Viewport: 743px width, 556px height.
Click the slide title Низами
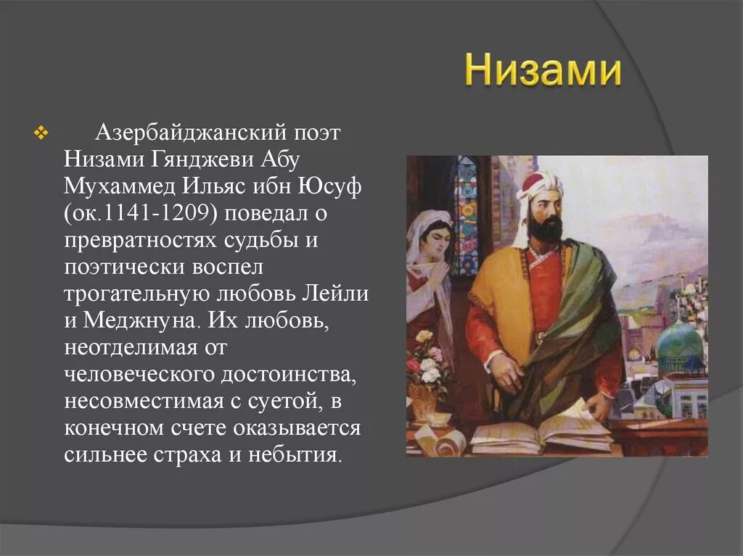pos(543,71)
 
